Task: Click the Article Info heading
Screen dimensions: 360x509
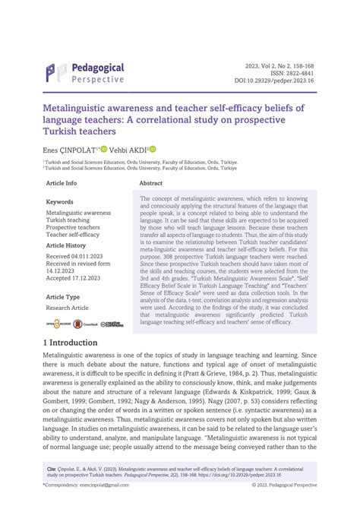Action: (x=62, y=184)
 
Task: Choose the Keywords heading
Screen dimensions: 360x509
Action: (x=60, y=202)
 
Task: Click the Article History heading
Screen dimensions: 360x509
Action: (x=66, y=246)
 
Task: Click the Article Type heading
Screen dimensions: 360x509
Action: (x=63, y=297)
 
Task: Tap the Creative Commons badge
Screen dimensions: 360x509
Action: (x=113, y=323)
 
